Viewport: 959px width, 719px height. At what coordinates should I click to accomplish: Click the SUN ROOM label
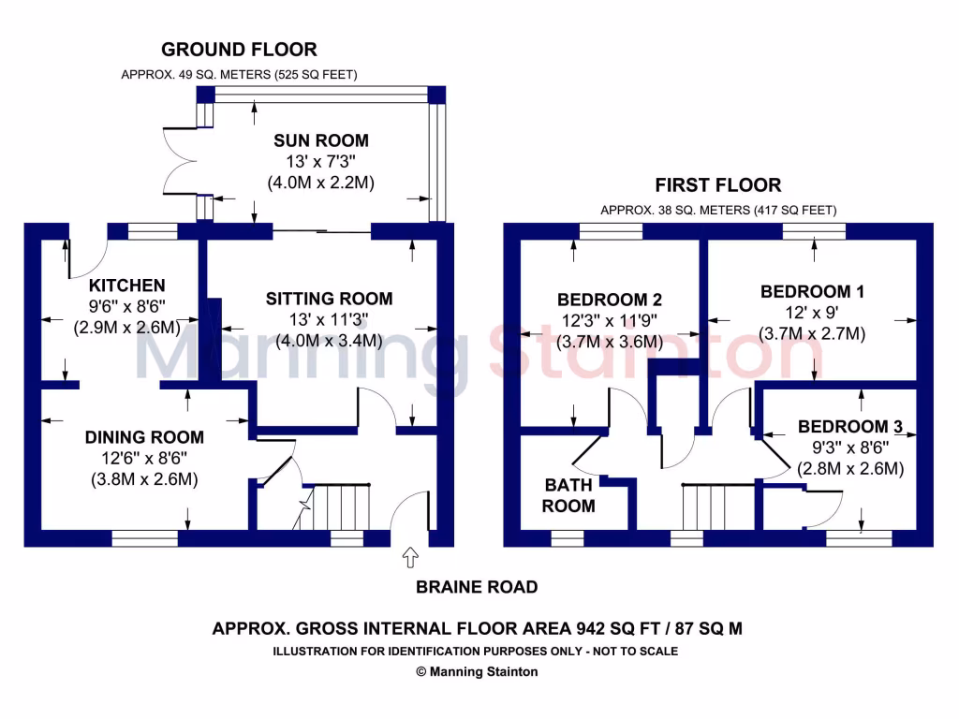[x=320, y=140]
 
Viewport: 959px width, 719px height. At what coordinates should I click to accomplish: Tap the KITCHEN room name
[x=127, y=285]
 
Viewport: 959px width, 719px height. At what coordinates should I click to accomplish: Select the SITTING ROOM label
[x=329, y=299]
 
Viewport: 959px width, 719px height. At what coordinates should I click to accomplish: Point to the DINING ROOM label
[x=144, y=437]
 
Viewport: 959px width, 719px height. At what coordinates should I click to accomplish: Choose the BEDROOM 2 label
[x=610, y=300]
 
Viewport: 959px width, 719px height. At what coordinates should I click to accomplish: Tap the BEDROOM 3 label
[x=849, y=427]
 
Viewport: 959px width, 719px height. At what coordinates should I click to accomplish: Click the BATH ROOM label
[x=568, y=495]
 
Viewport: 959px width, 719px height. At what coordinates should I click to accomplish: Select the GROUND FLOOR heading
[x=239, y=50]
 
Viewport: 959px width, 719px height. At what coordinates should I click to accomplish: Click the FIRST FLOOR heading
[x=718, y=184]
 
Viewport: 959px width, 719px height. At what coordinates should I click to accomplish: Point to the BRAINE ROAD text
[x=478, y=587]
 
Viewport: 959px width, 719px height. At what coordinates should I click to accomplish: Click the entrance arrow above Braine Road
[x=409, y=559]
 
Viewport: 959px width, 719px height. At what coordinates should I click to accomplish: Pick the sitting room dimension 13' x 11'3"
[x=329, y=320]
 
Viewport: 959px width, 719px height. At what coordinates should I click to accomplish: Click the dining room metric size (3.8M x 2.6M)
[x=144, y=479]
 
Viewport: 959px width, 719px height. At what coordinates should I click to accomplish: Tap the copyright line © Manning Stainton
[x=478, y=671]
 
